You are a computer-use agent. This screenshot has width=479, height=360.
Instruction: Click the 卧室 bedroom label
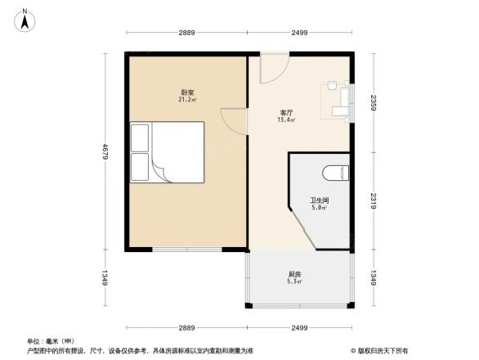tap(187, 92)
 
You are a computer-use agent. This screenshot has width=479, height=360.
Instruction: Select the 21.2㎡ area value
tap(187, 100)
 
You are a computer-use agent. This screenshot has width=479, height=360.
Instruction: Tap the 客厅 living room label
tap(287, 112)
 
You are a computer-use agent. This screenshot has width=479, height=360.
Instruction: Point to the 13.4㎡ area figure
tap(287, 119)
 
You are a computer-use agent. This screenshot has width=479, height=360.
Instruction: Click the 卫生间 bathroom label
tap(319, 200)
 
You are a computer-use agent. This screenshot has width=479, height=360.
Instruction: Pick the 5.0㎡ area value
tap(319, 208)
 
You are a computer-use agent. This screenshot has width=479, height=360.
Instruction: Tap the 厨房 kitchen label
tap(294, 274)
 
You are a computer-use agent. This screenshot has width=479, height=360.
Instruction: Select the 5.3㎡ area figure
tap(294, 281)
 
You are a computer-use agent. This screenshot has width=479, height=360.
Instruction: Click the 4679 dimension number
tap(105, 152)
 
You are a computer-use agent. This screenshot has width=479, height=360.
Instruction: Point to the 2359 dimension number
tap(374, 104)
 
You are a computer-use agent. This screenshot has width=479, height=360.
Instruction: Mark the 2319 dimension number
tap(374, 200)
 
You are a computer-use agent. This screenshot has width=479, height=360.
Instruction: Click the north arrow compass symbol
tap(25, 18)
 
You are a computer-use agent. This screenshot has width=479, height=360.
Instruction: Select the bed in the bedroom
tap(167, 153)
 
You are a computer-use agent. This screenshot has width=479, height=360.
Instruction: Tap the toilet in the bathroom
tap(336, 173)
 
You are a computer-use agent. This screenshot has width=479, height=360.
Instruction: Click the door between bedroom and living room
tap(235, 123)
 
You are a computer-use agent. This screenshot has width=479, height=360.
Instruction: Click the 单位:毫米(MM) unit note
tap(51, 340)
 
